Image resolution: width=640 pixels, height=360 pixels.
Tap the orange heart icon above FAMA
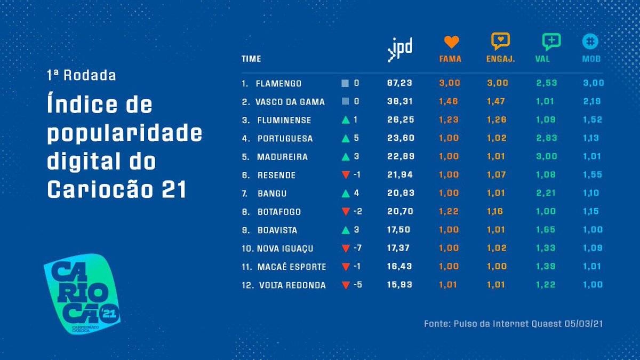[451, 42]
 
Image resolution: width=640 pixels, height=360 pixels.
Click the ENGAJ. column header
[500, 59]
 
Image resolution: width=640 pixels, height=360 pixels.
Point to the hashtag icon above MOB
[590, 42]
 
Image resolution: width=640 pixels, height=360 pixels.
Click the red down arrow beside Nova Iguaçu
[346, 249]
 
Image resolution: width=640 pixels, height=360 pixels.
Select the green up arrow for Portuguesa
[346, 139]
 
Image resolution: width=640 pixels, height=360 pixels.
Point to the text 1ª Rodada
[81, 75]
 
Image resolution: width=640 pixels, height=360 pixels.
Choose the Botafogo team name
[279, 212]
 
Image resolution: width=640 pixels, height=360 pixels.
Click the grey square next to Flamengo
[345, 84]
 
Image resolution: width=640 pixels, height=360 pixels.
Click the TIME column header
[251, 59]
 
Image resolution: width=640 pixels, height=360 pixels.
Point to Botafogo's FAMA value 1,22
[449, 212]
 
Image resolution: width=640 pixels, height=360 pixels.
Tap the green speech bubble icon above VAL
[551, 42]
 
